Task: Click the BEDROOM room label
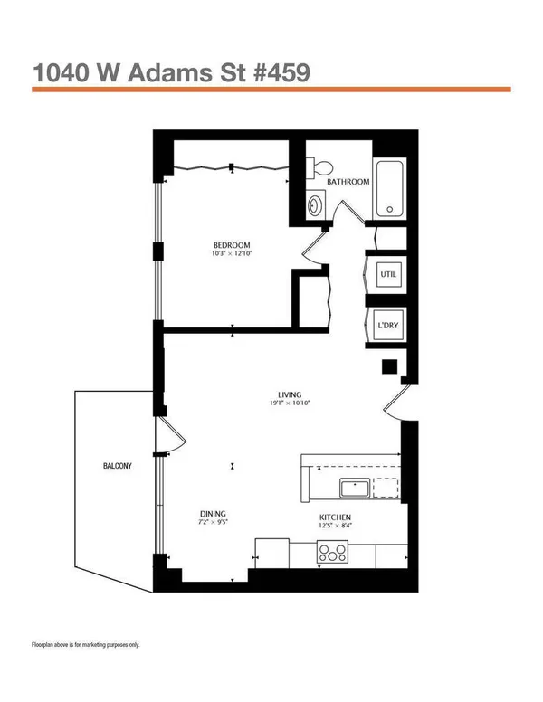[x=232, y=245]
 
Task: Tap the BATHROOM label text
[x=348, y=182]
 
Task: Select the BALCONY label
[x=118, y=466]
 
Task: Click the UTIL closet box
[x=388, y=274]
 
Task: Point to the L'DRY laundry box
[x=388, y=325]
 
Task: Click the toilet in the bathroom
[x=320, y=168]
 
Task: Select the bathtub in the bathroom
[x=389, y=188]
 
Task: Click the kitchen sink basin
[x=355, y=488]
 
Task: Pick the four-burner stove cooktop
[x=332, y=552]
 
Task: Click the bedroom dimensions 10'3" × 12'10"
[x=232, y=253]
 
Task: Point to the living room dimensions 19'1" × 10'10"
[x=290, y=403]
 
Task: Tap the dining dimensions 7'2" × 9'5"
[x=214, y=522]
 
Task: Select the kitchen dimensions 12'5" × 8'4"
[x=335, y=526]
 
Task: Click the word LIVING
[x=290, y=394]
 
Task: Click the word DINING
[x=213, y=514]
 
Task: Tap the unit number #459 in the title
[x=281, y=72]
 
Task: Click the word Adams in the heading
[x=170, y=72]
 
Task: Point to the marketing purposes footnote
[x=86, y=645]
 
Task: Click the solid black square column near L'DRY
[x=389, y=366]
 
